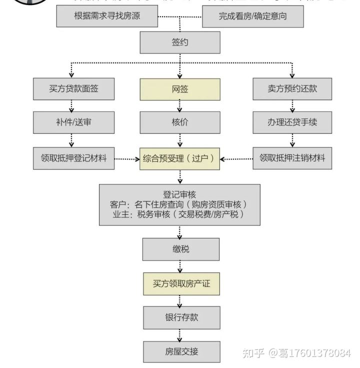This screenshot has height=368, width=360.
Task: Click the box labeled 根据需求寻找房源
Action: point(107,16)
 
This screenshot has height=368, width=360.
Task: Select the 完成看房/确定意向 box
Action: point(252,16)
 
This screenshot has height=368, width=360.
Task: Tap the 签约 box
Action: point(179,43)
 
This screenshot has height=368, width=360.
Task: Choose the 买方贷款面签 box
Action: point(74,89)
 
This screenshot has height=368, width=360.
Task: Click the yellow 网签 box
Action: point(179,89)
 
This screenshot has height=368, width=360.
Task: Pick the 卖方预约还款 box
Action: point(292,89)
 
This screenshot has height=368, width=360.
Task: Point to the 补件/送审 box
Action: point(74,122)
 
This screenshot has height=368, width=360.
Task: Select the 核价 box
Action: point(179,122)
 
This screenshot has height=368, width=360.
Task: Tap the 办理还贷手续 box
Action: point(292,122)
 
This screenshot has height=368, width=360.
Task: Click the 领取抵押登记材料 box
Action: point(74,158)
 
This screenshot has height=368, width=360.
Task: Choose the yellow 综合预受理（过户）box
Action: point(179,158)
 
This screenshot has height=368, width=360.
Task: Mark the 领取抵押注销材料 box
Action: point(292,158)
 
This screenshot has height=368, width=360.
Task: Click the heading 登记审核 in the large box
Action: point(179,194)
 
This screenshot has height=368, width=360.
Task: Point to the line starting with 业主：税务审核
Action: point(179,214)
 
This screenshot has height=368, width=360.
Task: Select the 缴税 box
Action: point(180,249)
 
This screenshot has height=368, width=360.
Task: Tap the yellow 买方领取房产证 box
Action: point(181,283)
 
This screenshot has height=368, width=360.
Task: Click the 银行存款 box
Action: point(181,317)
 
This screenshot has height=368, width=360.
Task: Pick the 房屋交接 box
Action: point(181,351)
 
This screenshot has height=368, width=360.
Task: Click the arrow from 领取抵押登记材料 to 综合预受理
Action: point(126,159)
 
